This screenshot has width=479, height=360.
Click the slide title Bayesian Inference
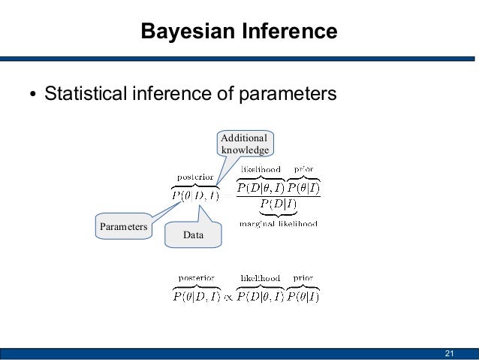coord(239,32)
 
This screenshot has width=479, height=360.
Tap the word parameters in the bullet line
coord(287,95)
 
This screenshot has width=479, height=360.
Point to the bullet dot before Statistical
coord(32,96)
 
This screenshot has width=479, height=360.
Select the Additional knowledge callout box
coord(245,144)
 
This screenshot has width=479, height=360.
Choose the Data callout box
coord(193,235)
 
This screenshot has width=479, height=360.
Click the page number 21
coord(450,354)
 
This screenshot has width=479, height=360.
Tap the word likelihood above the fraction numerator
coord(261,170)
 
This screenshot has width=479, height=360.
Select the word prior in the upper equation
coord(303,170)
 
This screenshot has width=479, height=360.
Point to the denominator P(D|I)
coord(278,204)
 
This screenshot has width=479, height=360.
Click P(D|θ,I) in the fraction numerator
coord(260,188)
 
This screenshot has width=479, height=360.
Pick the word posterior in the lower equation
coord(194,278)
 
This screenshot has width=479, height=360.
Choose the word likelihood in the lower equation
coord(260,278)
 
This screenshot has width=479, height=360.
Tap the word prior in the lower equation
coord(303,278)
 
